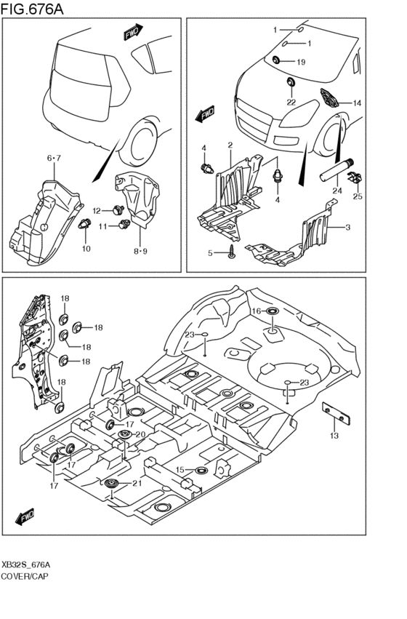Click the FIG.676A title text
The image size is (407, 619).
pyautogui.click(x=32, y=9)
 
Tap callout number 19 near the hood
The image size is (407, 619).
pyautogui.click(x=301, y=63)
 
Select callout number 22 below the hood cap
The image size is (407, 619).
pyautogui.click(x=291, y=103)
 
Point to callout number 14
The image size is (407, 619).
pyautogui.click(x=357, y=103)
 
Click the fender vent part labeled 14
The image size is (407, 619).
pyautogui.click(x=330, y=97)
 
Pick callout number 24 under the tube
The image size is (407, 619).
pyautogui.click(x=337, y=191)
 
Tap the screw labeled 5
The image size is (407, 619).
pyautogui.click(x=232, y=252)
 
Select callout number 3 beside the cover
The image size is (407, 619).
pyautogui.click(x=348, y=228)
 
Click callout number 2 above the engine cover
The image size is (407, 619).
pyautogui.click(x=230, y=145)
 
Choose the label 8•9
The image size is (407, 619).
pyautogui.click(x=140, y=252)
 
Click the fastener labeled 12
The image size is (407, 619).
pyautogui.click(x=118, y=209)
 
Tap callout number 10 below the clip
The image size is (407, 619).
pyautogui.click(x=86, y=249)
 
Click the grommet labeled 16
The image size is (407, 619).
pyautogui.click(x=272, y=311)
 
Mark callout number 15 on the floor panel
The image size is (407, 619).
pyautogui.click(x=180, y=470)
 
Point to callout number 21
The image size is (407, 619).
pyautogui.click(x=137, y=483)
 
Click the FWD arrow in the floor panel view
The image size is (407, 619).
pyautogui.click(x=25, y=516)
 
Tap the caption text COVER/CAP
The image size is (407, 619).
pyautogui.click(x=25, y=576)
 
